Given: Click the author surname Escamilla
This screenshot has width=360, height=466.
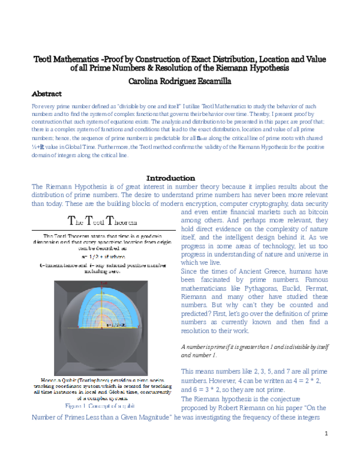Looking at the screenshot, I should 211,80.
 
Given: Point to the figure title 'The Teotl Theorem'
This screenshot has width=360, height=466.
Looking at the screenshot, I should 106,220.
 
